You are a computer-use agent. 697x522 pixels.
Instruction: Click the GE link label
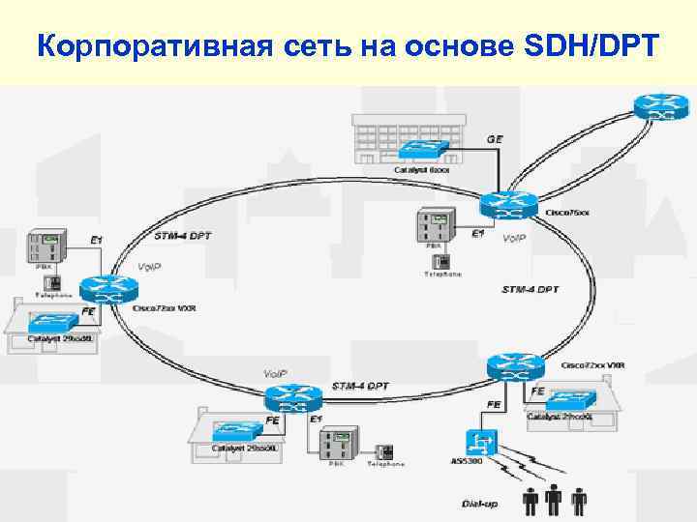[494, 139]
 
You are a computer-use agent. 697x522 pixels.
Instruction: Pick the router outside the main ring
[661, 107]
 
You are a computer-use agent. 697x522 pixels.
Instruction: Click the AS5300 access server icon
[481, 442]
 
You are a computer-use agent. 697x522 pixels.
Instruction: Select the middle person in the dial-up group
[554, 500]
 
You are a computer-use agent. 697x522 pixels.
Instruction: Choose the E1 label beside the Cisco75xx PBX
[477, 233]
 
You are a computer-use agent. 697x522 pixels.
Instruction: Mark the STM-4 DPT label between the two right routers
[530, 289]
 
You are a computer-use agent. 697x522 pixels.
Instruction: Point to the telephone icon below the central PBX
[441, 261]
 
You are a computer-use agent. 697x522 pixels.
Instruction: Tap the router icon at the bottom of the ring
[292, 397]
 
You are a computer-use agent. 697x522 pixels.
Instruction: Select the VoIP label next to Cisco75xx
[514, 238]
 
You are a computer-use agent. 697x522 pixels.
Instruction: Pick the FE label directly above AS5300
[493, 404]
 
